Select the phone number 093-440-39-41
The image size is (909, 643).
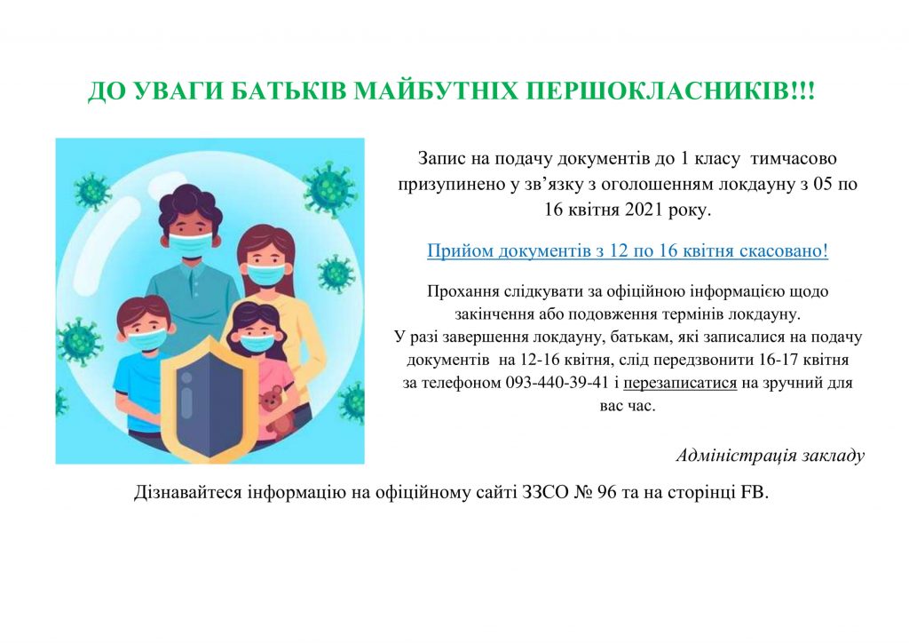[557, 383]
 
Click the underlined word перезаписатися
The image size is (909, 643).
[680, 384]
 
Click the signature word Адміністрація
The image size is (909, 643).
[736, 456]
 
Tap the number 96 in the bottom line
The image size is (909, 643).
[605, 492]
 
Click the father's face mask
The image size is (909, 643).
[191, 244]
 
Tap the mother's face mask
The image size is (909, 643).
[266, 274]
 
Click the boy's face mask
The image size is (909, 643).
[146, 340]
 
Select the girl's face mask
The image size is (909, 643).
[257, 343]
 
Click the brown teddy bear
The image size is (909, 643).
[273, 410]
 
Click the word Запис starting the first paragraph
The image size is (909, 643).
[437, 158]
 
